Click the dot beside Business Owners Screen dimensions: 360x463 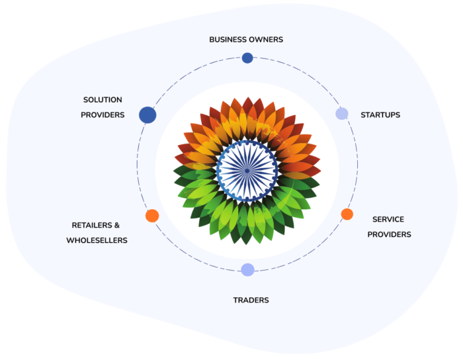click(247, 58)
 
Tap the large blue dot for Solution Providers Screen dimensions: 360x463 click(147, 115)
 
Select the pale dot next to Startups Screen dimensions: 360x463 click(342, 114)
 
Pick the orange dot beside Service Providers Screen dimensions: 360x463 click(347, 214)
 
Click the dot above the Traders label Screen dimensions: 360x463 click(247, 269)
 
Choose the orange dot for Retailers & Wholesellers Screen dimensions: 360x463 click(152, 216)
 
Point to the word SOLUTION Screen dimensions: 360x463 click(103, 100)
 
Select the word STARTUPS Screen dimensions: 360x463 click(380, 115)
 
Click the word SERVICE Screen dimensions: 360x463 click(388, 219)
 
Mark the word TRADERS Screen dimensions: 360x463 click(251, 300)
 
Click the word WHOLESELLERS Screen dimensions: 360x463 click(97, 240)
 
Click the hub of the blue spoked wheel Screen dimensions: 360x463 click(247, 170)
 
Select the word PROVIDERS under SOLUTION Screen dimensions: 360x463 click(103, 115)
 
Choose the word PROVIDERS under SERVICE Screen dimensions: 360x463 click(389, 234)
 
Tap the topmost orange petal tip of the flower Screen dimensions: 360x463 click(247, 97)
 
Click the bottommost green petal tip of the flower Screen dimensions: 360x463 click(247, 245)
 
